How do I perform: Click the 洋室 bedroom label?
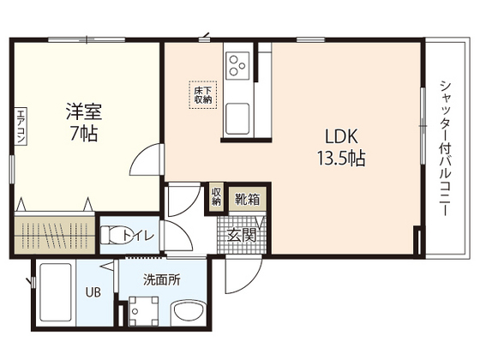86,111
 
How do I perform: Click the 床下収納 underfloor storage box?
202,93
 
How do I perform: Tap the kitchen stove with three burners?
237,63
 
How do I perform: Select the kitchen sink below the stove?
237,115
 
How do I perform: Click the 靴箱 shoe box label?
249,200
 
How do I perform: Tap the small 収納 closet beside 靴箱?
217,198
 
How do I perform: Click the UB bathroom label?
93,291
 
